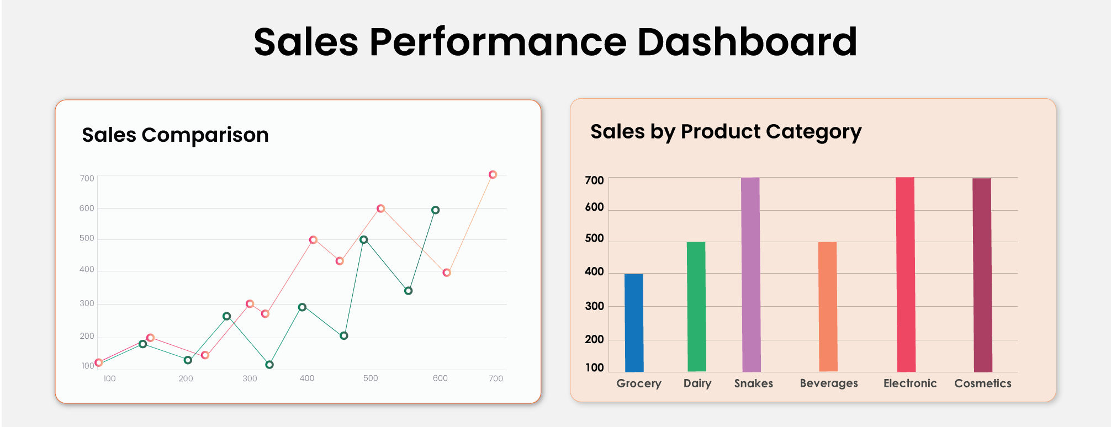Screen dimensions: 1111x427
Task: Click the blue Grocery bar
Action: [634, 323]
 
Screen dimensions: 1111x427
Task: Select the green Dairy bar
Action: [696, 307]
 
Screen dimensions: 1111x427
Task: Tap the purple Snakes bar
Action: [751, 275]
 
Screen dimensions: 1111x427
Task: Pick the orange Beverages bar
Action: [828, 307]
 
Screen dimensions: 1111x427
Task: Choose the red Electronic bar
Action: [906, 275]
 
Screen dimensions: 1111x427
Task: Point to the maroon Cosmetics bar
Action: [982, 275]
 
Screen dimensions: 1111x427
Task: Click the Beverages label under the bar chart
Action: [829, 383]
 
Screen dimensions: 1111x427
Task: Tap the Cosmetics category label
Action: [983, 383]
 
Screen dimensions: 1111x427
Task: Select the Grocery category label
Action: [639, 383]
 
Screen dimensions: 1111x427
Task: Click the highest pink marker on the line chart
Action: [493, 174]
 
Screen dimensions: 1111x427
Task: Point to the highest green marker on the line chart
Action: [436, 210]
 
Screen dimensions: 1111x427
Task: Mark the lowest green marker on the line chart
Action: [269, 365]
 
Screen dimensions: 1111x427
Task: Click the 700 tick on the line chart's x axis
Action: [496, 378]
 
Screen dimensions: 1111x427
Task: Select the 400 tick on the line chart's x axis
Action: [307, 378]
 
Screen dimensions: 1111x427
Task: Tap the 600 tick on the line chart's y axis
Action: [87, 209]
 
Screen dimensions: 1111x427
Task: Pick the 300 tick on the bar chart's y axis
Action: [595, 306]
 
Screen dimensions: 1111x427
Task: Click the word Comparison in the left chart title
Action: [205, 135]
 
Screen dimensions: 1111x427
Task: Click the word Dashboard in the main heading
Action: [748, 42]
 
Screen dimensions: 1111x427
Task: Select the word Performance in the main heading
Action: [498, 42]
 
